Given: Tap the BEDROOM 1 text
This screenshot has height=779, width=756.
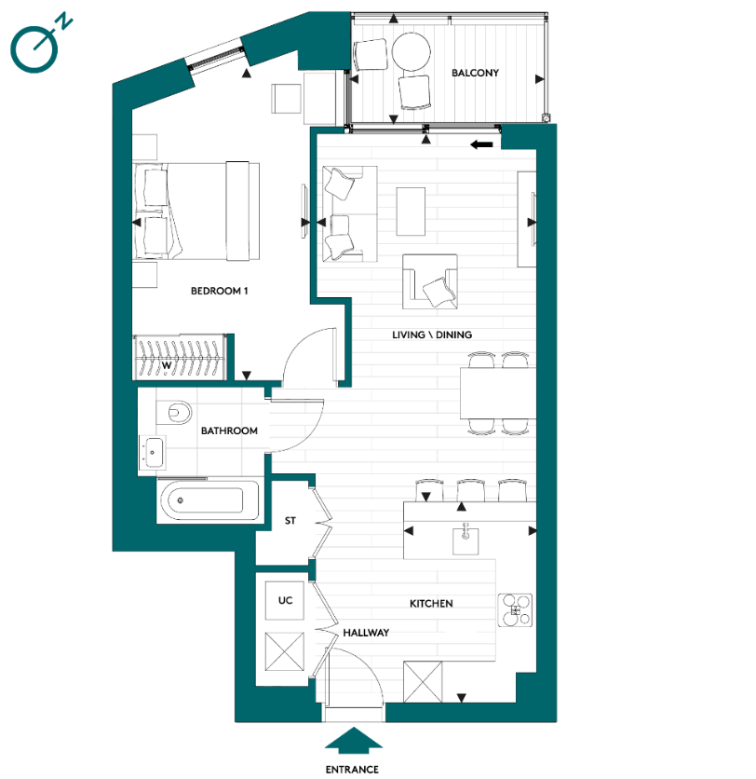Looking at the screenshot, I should pyautogui.click(x=220, y=291).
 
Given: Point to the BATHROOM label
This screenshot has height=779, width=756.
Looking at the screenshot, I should pyautogui.click(x=229, y=430).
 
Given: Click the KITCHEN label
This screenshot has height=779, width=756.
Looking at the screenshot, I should pyautogui.click(x=431, y=604).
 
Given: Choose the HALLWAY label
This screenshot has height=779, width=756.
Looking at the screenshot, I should pyautogui.click(x=365, y=632).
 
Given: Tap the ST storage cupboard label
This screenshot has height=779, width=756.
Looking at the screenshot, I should pyautogui.click(x=290, y=521).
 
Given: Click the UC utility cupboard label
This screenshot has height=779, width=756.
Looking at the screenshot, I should pyautogui.click(x=286, y=601).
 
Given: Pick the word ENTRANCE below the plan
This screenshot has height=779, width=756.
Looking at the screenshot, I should pyautogui.click(x=352, y=769).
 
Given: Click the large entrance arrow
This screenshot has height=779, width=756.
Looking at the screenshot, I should pyautogui.click(x=352, y=741).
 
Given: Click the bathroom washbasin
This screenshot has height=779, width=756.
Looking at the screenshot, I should pyautogui.click(x=154, y=453).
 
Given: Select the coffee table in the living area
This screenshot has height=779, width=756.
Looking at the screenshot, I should pyautogui.click(x=411, y=212).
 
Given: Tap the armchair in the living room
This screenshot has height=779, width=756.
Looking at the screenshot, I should pyautogui.click(x=431, y=282).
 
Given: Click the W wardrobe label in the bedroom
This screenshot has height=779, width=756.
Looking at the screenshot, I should pyautogui.click(x=167, y=365).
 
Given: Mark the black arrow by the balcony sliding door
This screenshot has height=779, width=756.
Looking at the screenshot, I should pyautogui.click(x=481, y=144).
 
